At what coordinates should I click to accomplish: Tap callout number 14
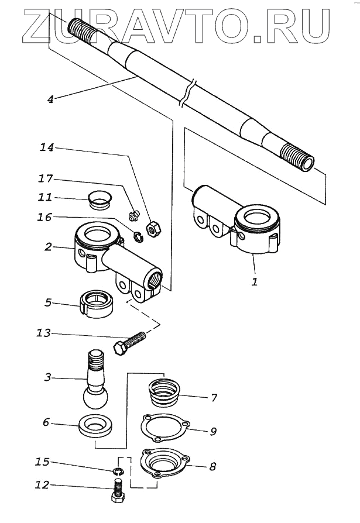[x=46, y=149]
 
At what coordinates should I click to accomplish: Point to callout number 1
[x=254, y=281]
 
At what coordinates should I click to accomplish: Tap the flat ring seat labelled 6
[x=95, y=426]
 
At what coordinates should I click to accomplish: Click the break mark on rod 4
[x=186, y=94]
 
